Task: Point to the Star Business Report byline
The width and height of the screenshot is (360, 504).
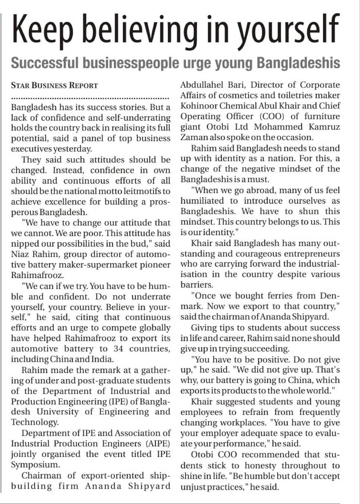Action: tap(54, 85)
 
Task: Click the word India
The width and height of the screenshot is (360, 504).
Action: tap(102, 359)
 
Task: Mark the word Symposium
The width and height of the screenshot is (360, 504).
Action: tap(35, 465)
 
